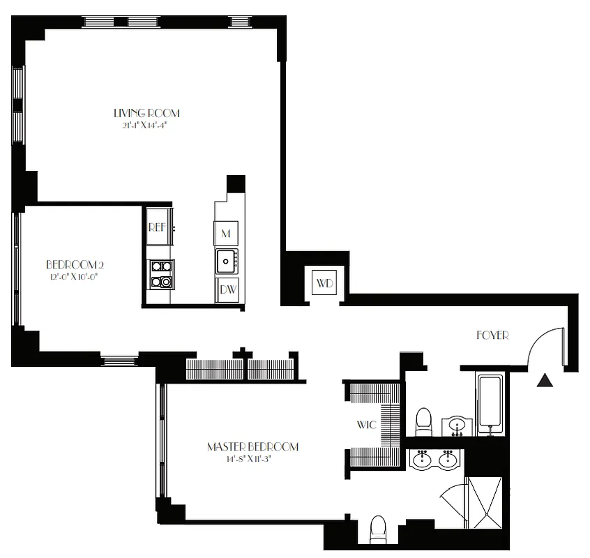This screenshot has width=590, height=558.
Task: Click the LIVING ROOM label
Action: pyautogui.click(x=146, y=113)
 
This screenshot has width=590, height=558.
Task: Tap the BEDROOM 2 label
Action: pyautogui.click(x=75, y=265)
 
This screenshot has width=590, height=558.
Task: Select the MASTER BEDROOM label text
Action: pyautogui.click(x=252, y=447)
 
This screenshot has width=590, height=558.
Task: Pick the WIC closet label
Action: pyautogui.click(x=367, y=423)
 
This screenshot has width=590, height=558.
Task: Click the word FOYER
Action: pyautogui.click(x=492, y=335)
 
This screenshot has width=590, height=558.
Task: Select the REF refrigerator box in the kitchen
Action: pyautogui.click(x=157, y=227)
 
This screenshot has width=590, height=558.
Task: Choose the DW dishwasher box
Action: pyautogui.click(x=227, y=289)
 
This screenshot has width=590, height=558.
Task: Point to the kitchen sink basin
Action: pyautogui.click(x=225, y=262)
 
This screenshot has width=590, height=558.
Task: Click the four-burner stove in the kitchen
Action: pyautogui.click(x=161, y=273)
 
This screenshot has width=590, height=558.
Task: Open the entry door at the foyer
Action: pyautogui.click(x=545, y=347)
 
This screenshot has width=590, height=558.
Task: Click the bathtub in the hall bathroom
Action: pyautogui.click(x=491, y=405)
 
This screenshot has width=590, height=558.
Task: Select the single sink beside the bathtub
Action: pyautogui.click(x=457, y=425)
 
